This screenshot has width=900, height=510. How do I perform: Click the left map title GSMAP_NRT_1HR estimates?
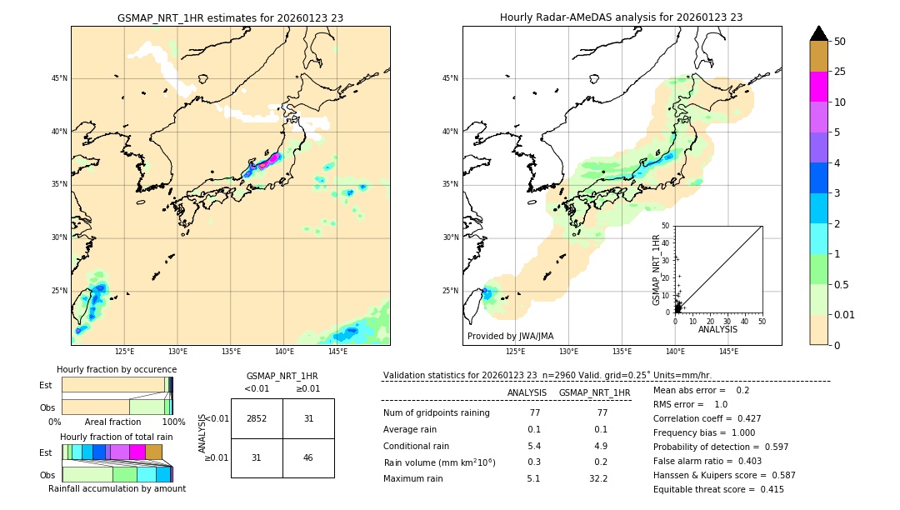[x=230, y=17]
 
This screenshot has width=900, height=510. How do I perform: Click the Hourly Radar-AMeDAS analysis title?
[x=622, y=17]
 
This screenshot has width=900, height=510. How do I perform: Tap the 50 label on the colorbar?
[x=840, y=42]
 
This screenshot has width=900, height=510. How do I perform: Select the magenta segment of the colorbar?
[x=819, y=87]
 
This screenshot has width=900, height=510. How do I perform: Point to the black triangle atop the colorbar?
[x=819, y=33]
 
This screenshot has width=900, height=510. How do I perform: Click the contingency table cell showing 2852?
[x=257, y=418]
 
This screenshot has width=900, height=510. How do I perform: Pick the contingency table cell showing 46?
[x=308, y=457]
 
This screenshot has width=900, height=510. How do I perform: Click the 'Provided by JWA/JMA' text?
[x=510, y=336]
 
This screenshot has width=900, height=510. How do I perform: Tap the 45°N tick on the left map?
[x=59, y=78]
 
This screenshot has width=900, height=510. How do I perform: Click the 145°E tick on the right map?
[x=728, y=352]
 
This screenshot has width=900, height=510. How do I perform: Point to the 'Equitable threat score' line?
[x=718, y=489]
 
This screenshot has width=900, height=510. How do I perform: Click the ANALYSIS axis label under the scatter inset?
[x=717, y=329]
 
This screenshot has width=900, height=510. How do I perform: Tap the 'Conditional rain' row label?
[x=417, y=446]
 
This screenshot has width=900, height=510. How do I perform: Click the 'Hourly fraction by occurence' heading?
[x=117, y=369]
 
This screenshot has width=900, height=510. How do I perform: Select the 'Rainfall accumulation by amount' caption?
[x=117, y=488]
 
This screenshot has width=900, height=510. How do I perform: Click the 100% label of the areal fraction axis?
[x=173, y=422]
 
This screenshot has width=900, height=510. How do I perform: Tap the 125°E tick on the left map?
[x=124, y=352]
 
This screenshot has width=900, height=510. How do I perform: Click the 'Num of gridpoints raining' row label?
[x=437, y=412]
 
